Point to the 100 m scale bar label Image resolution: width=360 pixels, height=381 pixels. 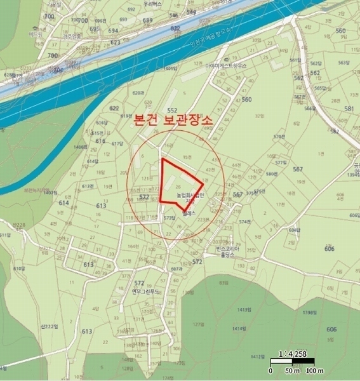click(x=315, y=370)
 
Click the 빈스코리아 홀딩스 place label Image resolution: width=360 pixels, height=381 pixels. click(x=227, y=252)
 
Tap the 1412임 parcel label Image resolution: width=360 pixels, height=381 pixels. click(x=258, y=357)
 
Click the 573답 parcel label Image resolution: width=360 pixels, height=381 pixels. click(x=169, y=218)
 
